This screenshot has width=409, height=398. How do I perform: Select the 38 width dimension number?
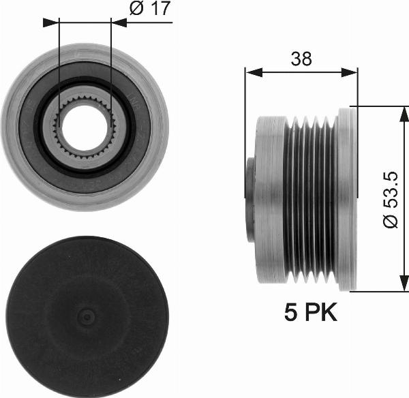(x=301, y=59)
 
